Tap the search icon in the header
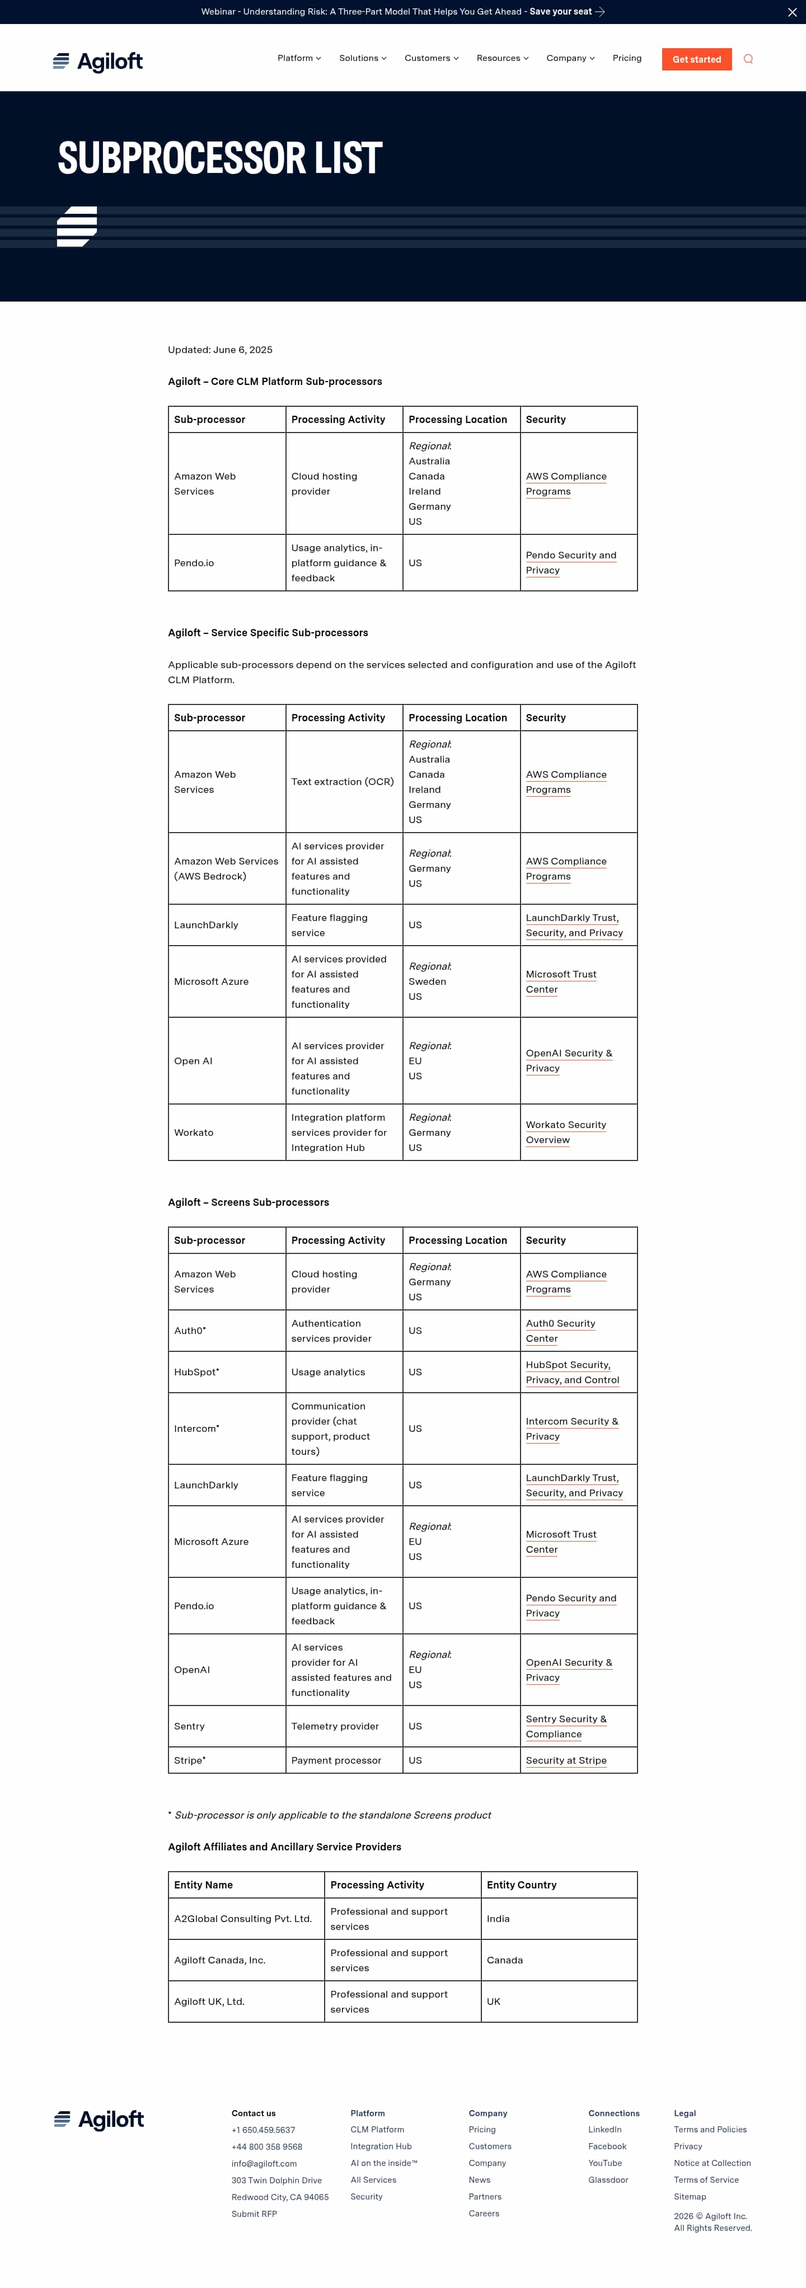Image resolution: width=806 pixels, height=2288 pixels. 748,59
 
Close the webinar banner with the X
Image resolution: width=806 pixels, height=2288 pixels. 792,12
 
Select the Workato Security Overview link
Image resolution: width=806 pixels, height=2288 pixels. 565,1133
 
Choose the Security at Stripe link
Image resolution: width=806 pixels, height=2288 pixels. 566,1760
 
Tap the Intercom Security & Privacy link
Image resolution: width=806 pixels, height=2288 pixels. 571,1428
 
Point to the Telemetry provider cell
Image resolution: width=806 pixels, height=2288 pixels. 335,1726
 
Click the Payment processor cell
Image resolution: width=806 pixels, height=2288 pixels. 336,1760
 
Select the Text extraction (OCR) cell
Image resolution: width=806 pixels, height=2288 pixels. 342,782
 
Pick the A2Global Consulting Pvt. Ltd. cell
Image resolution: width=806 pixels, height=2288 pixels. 242,1919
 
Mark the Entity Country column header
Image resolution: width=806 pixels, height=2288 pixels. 522,1885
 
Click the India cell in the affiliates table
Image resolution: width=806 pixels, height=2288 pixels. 499,1919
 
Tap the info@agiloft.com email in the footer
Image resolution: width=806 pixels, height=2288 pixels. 264,2164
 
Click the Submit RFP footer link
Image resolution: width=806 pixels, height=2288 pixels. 254,2214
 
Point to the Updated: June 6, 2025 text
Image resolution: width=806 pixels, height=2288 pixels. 221,350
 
